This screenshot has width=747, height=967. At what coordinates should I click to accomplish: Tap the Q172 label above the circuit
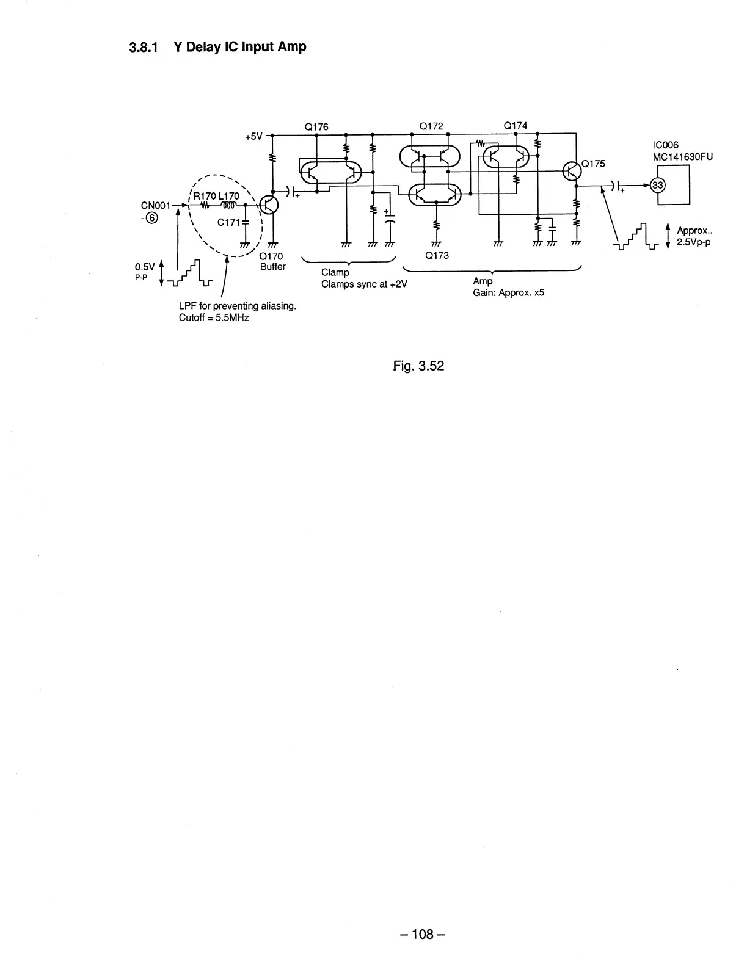pos(431,126)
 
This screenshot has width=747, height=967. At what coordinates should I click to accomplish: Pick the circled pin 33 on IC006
pos(658,185)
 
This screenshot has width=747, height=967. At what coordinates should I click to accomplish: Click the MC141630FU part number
pos(683,156)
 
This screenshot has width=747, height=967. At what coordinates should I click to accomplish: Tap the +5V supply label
pos(253,137)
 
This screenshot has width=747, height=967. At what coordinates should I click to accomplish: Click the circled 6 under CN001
pos(151,220)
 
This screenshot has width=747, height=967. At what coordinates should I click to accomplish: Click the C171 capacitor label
pos(228,222)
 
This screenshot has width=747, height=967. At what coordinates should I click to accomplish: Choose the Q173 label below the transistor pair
pos(437,255)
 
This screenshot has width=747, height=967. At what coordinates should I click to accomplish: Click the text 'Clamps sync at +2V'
pos(364,284)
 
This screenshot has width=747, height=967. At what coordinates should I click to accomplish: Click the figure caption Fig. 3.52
pos(418,366)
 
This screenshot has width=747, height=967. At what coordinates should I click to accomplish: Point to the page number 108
pos(421,934)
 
